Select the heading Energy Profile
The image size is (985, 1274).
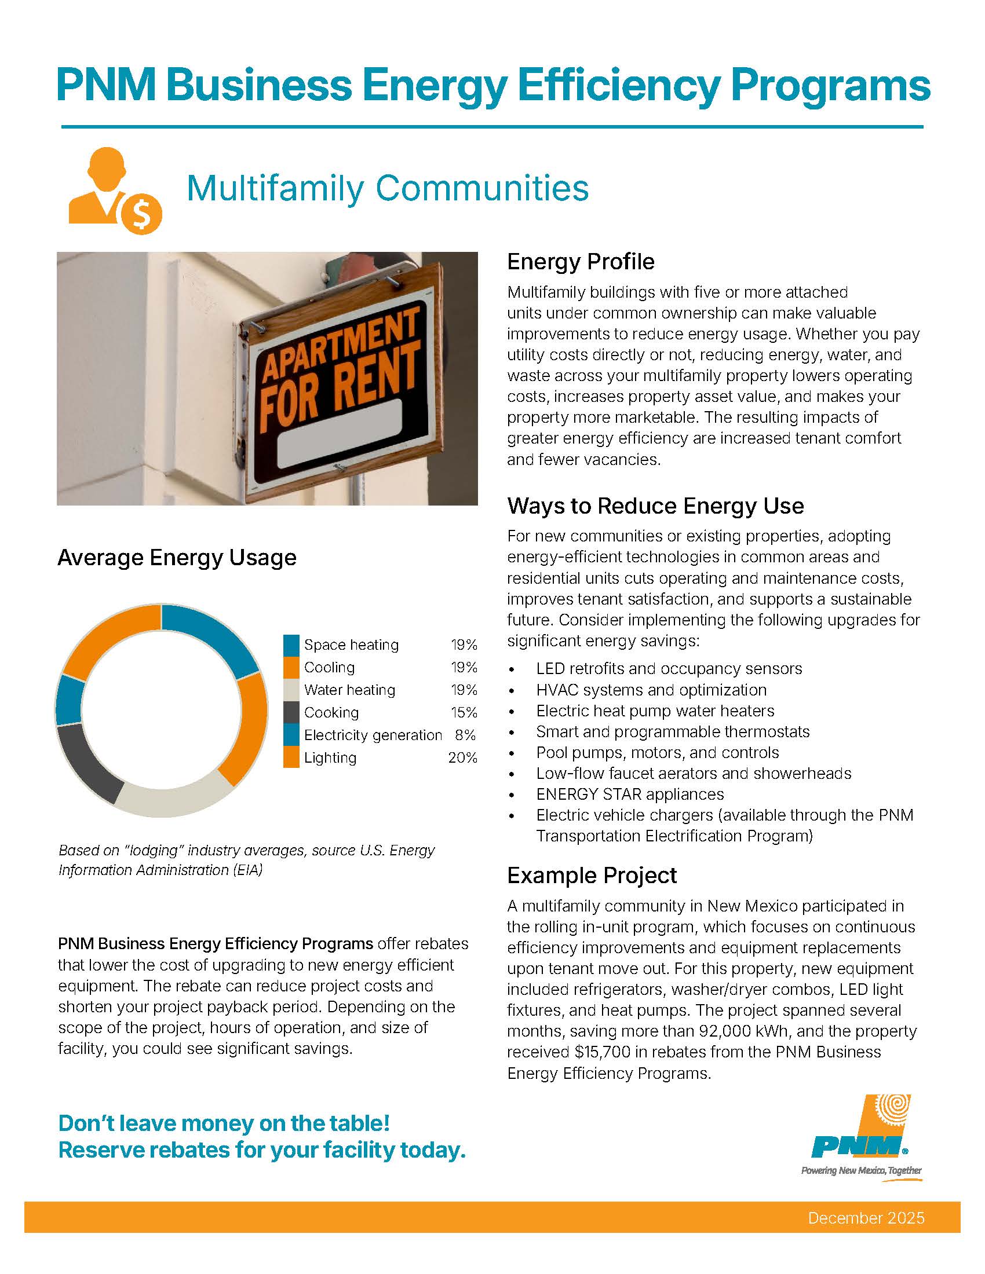coord(580,261)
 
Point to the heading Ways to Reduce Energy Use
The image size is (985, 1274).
coord(655,506)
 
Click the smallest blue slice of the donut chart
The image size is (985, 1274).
coord(70,701)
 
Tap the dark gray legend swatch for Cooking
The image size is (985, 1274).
coord(291,712)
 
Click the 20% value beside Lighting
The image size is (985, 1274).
coord(462,758)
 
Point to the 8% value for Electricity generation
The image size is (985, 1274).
coord(465,735)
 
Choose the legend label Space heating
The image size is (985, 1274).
coord(351,645)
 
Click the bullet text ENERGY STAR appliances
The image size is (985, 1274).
coord(630,794)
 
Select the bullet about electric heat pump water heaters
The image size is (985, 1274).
coord(655,711)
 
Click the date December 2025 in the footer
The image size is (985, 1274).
coord(866,1217)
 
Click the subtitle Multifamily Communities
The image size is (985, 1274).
coord(388,188)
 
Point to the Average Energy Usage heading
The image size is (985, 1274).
coord(177,557)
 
